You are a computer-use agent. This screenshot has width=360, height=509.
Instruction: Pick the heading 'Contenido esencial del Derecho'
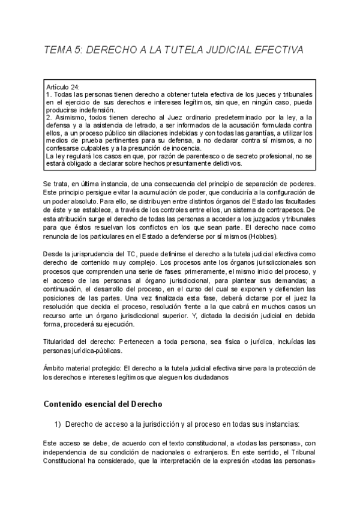coord(103,404)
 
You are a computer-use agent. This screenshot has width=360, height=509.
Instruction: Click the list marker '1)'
coord(58,424)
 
